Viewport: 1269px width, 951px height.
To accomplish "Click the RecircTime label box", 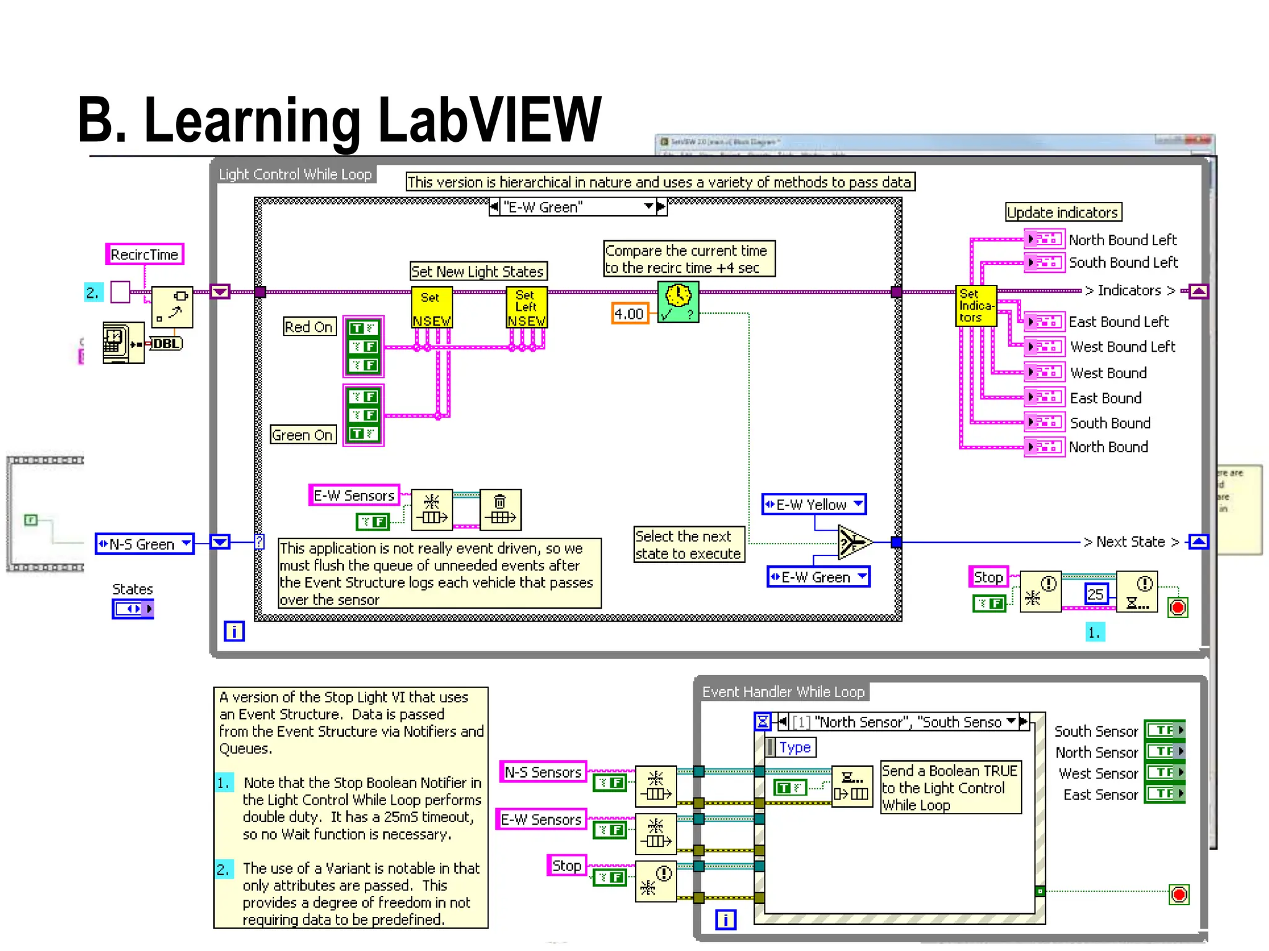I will (144, 254).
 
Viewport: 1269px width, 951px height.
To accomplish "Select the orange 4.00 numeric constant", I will (629, 314).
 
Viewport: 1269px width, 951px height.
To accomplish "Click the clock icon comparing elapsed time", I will (678, 302).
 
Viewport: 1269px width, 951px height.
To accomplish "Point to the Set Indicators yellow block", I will (976, 306).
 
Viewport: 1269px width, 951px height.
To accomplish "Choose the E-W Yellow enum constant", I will (814, 505).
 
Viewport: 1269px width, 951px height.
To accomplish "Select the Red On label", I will (309, 327).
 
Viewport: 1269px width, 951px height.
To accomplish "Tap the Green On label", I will (303, 435).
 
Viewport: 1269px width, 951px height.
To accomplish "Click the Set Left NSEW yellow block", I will (526, 307).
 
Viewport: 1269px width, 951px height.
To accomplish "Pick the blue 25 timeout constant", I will (1096, 594).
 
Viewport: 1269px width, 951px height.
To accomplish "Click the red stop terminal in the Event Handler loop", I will (1179, 895).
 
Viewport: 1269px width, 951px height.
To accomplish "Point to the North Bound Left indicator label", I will (1122, 240).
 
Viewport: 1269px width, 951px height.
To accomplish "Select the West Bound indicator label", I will (1108, 373).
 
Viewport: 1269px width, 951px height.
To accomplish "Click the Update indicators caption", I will (1063, 212).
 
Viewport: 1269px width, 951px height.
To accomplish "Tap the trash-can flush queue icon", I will (500, 510).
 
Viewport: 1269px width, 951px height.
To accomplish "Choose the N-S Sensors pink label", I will (543, 772).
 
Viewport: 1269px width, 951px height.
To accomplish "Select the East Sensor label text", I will (1100, 794).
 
